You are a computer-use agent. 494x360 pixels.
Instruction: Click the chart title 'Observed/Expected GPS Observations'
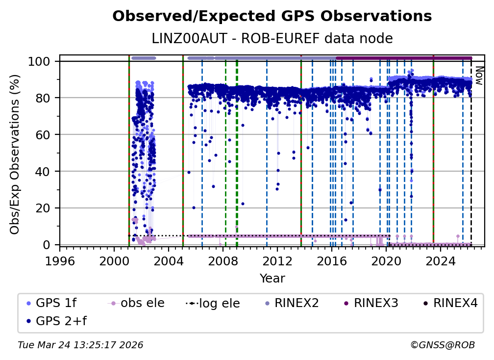[x=272, y=16]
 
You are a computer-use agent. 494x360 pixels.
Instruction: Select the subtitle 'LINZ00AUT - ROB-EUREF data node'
[x=272, y=38]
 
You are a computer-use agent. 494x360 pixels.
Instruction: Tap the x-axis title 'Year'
[x=272, y=279]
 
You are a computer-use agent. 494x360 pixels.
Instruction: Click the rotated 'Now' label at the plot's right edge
[x=479, y=76]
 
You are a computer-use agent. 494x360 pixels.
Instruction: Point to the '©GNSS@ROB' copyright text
[x=442, y=345]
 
